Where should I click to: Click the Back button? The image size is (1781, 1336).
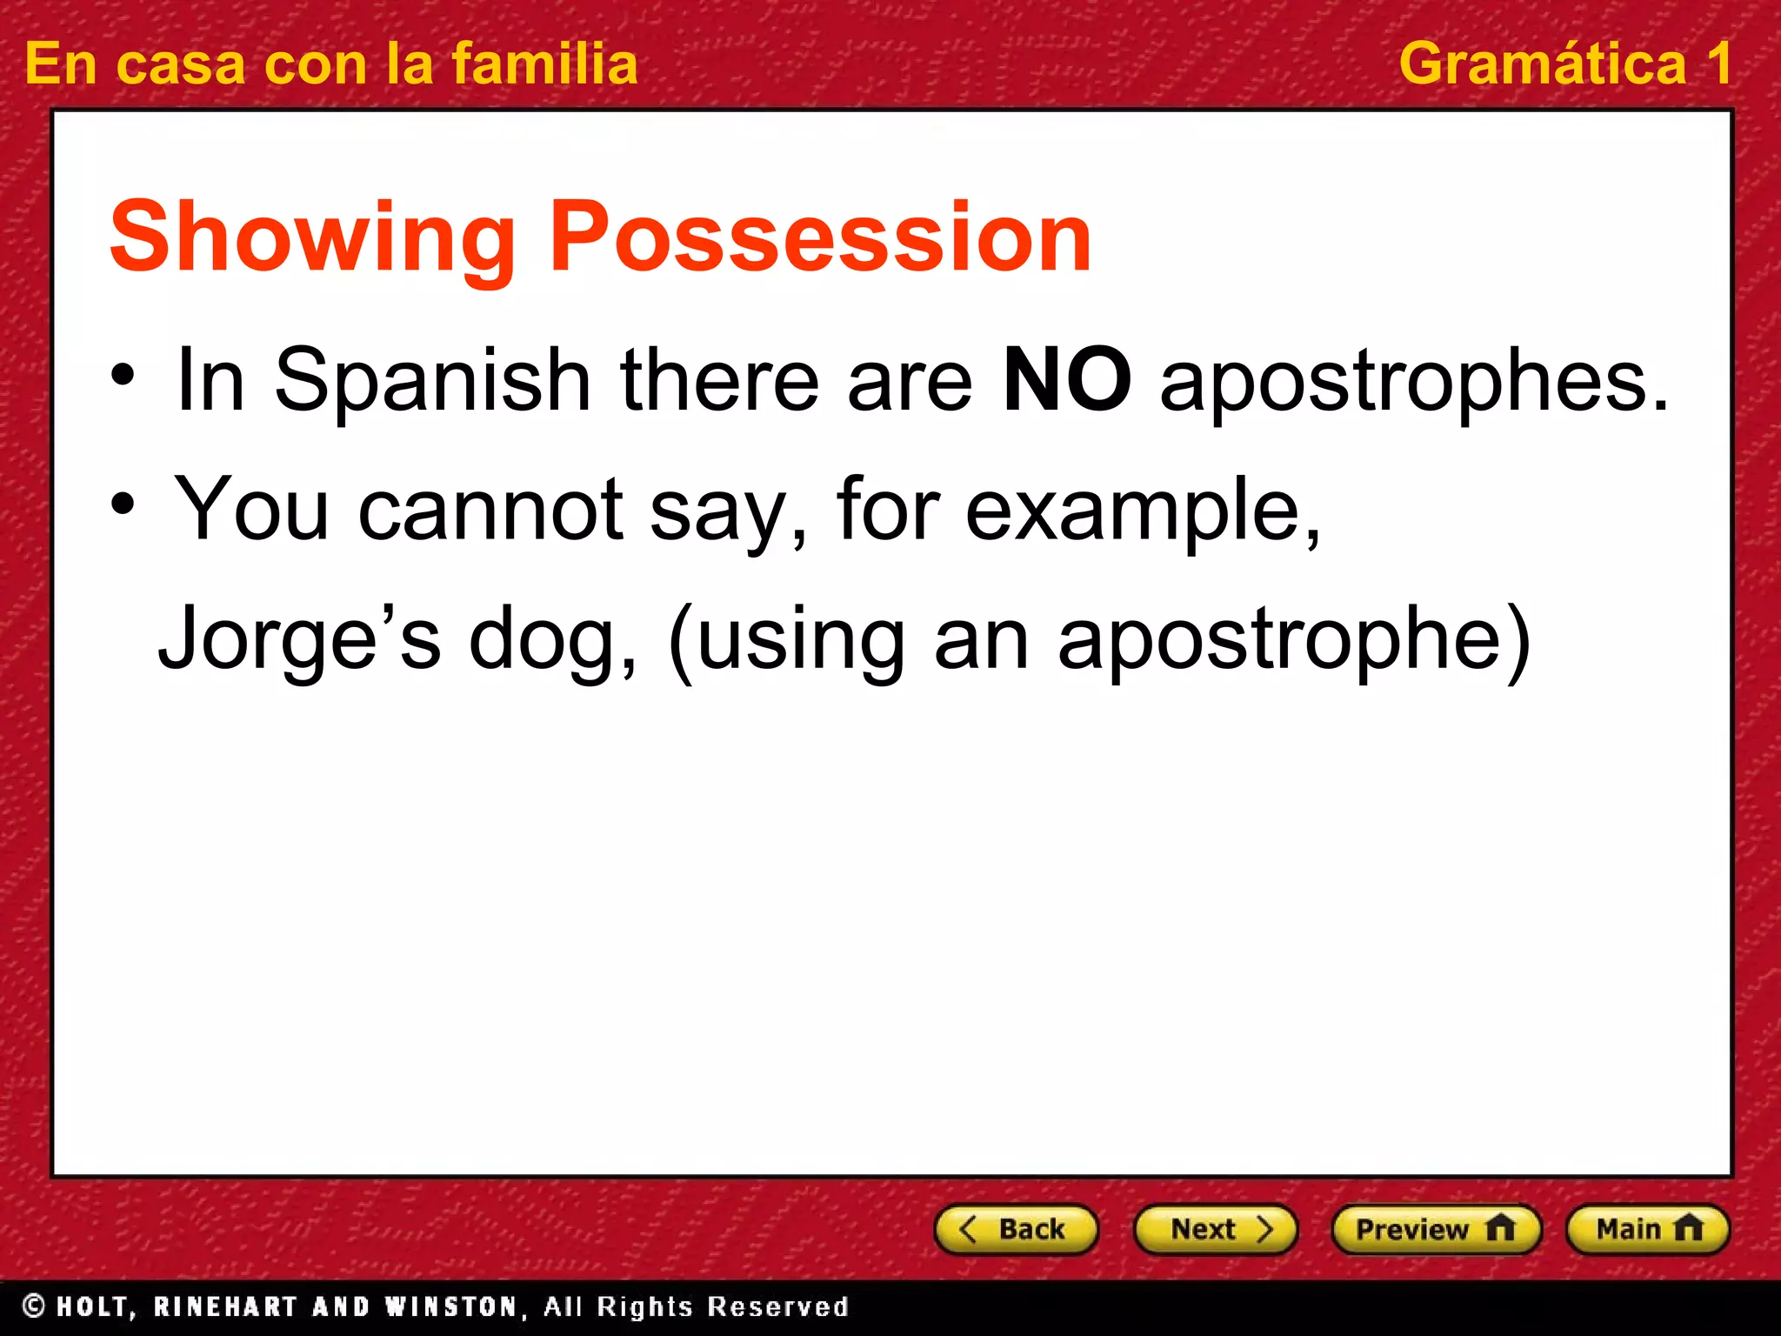pyautogui.click(x=1015, y=1229)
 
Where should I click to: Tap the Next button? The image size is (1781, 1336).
pyautogui.click(x=1215, y=1229)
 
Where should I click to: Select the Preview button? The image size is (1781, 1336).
pyautogui.click(x=1435, y=1229)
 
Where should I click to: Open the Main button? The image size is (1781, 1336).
pyautogui.click(x=1646, y=1229)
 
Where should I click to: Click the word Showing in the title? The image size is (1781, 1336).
pyautogui.click(x=313, y=237)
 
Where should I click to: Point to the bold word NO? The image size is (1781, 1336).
pyautogui.click(x=1067, y=380)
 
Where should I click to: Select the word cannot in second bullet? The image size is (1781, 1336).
pyautogui.click(x=490, y=511)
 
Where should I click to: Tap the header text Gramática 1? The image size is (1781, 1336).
pyautogui.click(x=1564, y=64)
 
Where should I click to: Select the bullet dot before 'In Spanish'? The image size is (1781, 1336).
pyautogui.click(x=123, y=377)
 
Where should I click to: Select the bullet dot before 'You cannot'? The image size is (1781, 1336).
pyautogui.click(x=123, y=504)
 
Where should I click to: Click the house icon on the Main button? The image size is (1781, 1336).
pyautogui.click(x=1688, y=1228)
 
